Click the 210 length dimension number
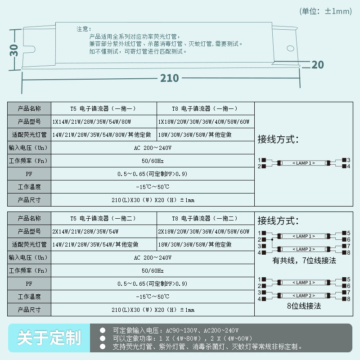tap(169, 78)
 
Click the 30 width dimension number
tap(14, 49)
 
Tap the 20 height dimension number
tap(317, 65)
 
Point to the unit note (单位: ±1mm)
tap(325, 11)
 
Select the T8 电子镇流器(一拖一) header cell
tap(205, 109)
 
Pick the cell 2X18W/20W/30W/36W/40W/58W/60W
tap(203, 232)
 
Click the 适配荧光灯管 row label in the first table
tap(29, 135)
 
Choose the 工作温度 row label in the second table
tap(29, 297)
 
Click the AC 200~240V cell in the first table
tap(153, 148)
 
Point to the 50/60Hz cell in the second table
tap(153, 271)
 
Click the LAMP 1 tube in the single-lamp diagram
tap(304, 163)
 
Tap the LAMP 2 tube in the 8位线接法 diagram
tap(304, 296)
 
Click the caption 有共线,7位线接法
tap(304, 261)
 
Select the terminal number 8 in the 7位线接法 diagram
tap(348, 252)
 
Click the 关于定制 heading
tap(49, 338)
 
